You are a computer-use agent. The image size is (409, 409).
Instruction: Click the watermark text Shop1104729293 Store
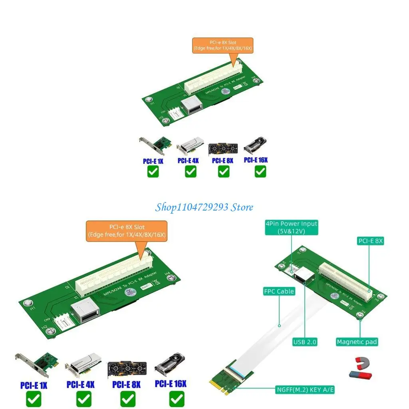click(204, 207)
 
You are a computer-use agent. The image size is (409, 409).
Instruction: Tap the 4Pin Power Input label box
click(291, 227)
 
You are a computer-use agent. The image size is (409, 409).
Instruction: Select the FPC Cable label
click(279, 291)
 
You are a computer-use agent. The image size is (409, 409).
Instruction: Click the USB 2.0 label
click(304, 341)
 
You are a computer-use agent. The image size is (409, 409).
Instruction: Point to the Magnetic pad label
click(357, 341)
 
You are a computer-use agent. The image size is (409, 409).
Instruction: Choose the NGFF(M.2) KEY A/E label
click(305, 389)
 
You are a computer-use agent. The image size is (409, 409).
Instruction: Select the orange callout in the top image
click(222, 45)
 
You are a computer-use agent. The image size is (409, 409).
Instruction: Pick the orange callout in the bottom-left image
click(127, 231)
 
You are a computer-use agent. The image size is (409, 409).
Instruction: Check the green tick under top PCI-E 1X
click(153, 172)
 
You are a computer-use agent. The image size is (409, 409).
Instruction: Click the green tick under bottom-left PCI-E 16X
click(177, 399)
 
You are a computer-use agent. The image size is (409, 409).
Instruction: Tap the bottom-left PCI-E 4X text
click(80, 385)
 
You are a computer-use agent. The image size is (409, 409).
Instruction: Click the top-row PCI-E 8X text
click(222, 161)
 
